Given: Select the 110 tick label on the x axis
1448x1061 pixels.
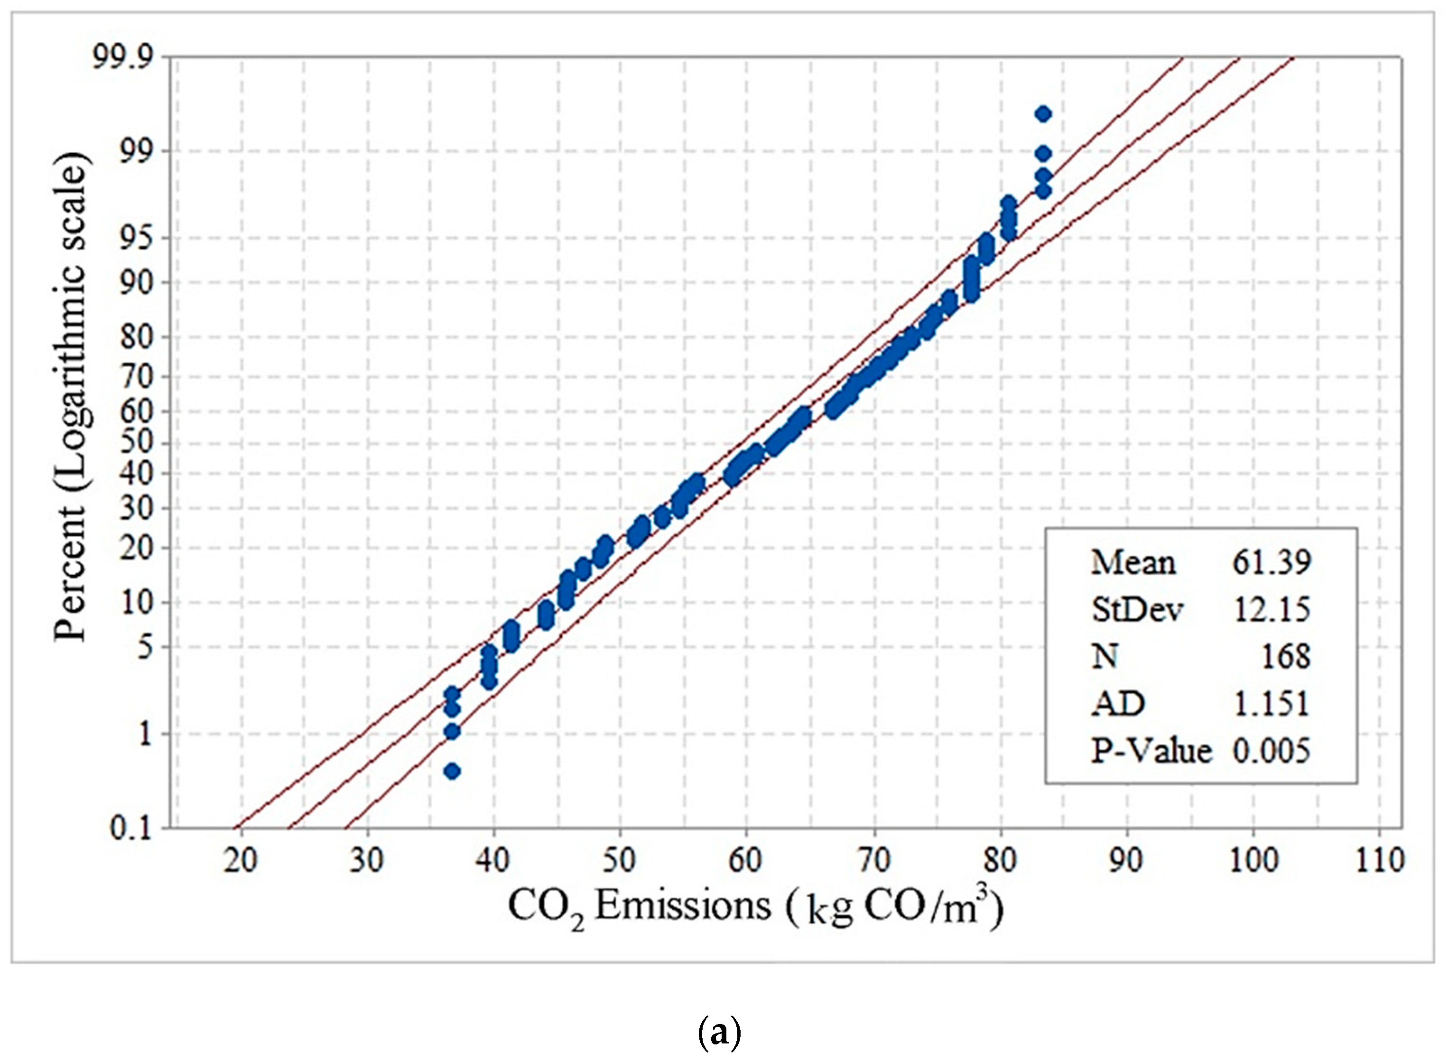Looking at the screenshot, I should [x=1379, y=859].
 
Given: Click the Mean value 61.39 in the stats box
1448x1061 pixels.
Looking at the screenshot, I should [x=1271, y=563].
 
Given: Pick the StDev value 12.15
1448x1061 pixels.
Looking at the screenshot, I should [x=1271, y=609].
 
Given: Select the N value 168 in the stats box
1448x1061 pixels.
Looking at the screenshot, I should [x=1286, y=656].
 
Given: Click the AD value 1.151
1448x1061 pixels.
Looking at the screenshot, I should [x=1271, y=704].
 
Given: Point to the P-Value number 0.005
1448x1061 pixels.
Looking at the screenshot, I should [x=1271, y=750].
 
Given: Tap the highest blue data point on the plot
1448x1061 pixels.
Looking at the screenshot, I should [x=1043, y=114].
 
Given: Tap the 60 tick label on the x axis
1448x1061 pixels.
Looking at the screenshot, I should [x=745, y=859].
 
